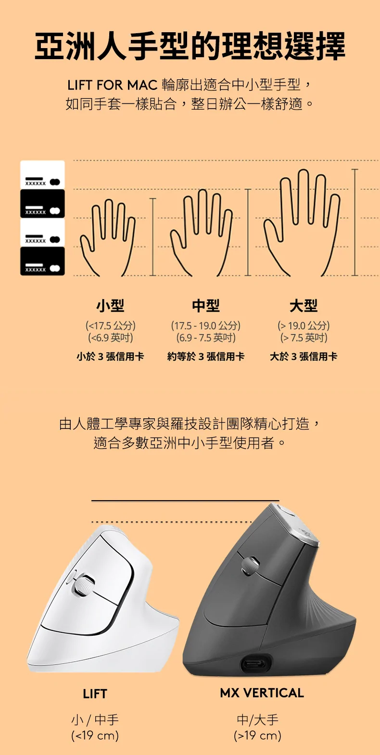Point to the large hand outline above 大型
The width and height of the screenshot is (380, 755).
coord(302,224)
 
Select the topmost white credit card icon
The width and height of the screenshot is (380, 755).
coord(42,175)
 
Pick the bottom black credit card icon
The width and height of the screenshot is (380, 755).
coord(42,261)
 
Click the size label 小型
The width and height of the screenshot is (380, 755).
coord(110,305)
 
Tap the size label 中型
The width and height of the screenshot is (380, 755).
coord(206,305)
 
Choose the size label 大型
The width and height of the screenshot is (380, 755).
coord(304,305)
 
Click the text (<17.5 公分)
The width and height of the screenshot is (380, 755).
coord(111,326)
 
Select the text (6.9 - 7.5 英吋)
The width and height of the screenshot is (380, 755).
coord(206,338)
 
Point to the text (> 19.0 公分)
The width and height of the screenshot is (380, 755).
coord(304,326)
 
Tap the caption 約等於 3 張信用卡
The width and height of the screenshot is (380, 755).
coord(206,356)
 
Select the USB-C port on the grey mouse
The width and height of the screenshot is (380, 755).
coord(255,665)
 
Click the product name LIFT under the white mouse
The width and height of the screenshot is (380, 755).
coord(95,694)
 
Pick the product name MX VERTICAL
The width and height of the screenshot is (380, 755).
coord(262,693)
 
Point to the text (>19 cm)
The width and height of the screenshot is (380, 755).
coord(257,735)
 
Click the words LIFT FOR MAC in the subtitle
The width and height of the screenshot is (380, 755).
coord(113,86)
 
